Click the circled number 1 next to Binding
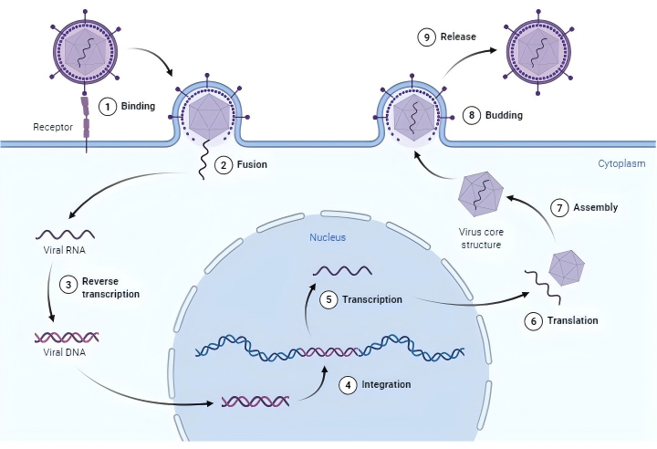pyautogui.click(x=108, y=106)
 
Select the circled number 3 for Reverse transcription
pyautogui.click(x=66, y=284)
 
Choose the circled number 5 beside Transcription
pyautogui.click(x=329, y=299)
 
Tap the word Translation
pyautogui.click(x=571, y=320)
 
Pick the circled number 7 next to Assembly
pyautogui.click(x=565, y=207)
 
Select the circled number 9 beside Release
pyautogui.click(x=425, y=37)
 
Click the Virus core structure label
pyautogui.click(x=482, y=238)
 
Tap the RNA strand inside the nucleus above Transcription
pyautogui.click(x=342, y=271)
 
